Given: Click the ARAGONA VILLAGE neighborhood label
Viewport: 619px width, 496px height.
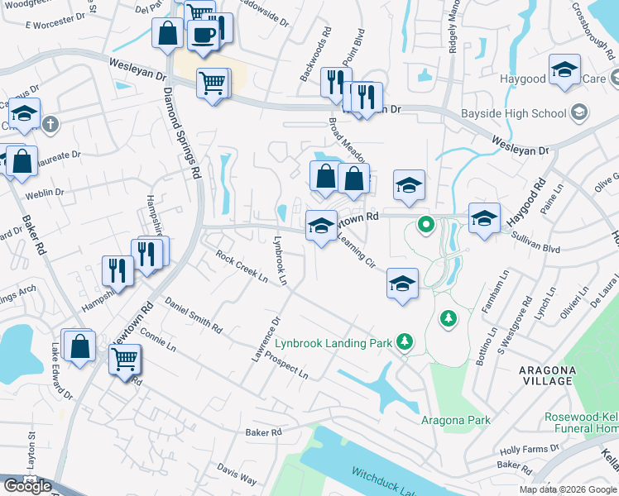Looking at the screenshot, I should [x=545, y=374].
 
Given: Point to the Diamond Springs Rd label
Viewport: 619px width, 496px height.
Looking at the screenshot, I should [x=182, y=132].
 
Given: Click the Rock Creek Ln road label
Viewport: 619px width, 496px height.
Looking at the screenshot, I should [x=242, y=267].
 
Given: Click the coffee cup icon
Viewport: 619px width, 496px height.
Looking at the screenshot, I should [x=203, y=35].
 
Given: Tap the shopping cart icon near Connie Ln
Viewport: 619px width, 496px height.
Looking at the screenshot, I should [x=125, y=360].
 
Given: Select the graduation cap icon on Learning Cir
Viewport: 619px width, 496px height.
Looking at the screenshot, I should [x=402, y=284].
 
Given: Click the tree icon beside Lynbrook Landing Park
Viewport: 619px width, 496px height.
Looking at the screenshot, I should [x=404, y=341].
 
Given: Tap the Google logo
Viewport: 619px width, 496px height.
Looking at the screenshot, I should [x=27, y=486].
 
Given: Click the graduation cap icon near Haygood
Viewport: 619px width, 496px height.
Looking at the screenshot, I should [x=564, y=70].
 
